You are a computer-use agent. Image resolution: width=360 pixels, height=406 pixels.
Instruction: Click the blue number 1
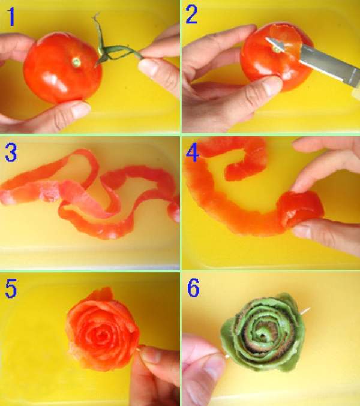coord(11,17)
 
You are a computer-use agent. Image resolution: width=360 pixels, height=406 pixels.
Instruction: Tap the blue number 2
coord(191,15)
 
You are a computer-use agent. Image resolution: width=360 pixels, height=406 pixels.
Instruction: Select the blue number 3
coord(11,153)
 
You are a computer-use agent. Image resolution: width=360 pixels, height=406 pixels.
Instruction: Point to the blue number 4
coord(193,154)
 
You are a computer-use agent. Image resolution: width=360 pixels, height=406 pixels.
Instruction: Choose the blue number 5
coord(11,288)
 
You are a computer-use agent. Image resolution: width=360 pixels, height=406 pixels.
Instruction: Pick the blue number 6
coord(193,288)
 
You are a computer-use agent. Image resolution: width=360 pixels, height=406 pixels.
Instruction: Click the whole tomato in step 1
coord(62,68)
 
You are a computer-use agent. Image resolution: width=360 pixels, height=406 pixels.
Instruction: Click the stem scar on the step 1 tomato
coord(76,62)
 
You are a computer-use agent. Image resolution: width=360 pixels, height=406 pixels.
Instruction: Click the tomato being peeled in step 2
coord(277,58)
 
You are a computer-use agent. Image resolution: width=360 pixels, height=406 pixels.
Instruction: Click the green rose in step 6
coord(263,332)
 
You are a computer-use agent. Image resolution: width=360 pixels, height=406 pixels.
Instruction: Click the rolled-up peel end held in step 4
coord(301,210)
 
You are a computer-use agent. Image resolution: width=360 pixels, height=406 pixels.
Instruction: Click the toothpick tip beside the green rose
coord(308,309)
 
